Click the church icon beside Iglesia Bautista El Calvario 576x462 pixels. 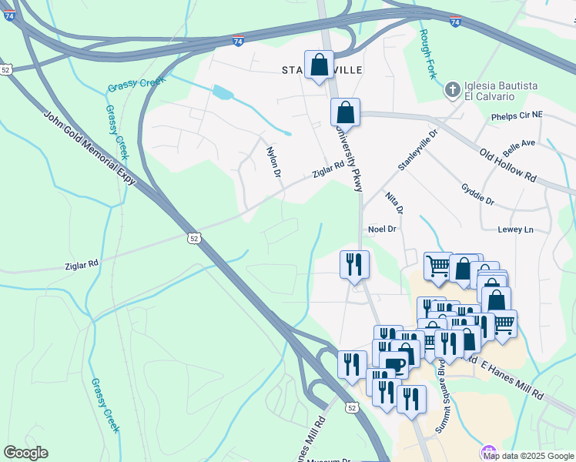[453, 91]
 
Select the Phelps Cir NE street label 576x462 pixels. [517, 116]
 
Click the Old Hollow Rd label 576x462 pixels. [507, 166]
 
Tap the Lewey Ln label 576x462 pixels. [515, 229]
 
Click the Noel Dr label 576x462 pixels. [382, 229]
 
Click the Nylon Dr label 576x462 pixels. [273, 162]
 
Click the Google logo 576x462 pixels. [25, 453]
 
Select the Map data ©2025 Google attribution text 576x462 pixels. [528, 456]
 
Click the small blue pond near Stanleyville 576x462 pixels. [223, 93]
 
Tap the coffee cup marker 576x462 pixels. [397, 364]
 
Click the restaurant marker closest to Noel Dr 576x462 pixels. [354, 264]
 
